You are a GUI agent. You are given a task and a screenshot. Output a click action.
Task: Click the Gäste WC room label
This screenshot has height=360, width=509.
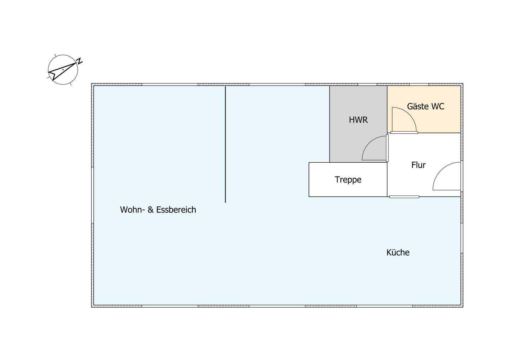tap(425, 106)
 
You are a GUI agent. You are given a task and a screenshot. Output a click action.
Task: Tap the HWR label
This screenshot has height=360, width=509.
tap(358, 120)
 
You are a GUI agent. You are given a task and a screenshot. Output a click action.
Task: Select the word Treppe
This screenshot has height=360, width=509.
tap(348, 180)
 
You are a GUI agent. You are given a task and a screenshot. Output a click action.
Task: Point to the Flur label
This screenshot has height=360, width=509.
tap(419, 165)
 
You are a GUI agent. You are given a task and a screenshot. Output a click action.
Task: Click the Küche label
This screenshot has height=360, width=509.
tap(398, 252)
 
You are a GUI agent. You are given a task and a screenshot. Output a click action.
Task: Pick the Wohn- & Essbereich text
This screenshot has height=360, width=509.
tap(158, 210)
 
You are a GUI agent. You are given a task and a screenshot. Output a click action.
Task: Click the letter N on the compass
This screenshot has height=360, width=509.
tap(80, 61)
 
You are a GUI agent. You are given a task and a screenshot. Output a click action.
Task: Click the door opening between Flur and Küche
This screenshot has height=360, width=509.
tap(404, 197)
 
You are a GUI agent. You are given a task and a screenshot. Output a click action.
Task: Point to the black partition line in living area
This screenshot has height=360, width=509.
tap(226, 144)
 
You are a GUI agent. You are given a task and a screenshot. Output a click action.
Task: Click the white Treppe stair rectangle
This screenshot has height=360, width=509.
tap(348, 180)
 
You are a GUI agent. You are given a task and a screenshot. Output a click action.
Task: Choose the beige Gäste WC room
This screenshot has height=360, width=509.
tap(424, 109)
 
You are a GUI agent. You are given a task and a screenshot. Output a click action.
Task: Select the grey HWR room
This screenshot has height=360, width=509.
tap(358, 124)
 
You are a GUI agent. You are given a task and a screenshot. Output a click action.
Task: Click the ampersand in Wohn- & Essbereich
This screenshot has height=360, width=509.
tap(151, 210)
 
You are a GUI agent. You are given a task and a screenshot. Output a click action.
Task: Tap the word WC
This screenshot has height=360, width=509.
tap(438, 106)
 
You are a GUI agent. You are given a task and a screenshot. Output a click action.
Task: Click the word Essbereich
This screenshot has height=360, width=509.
tap(176, 210)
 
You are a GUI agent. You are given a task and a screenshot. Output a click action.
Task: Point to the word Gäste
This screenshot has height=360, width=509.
tap(417, 106)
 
